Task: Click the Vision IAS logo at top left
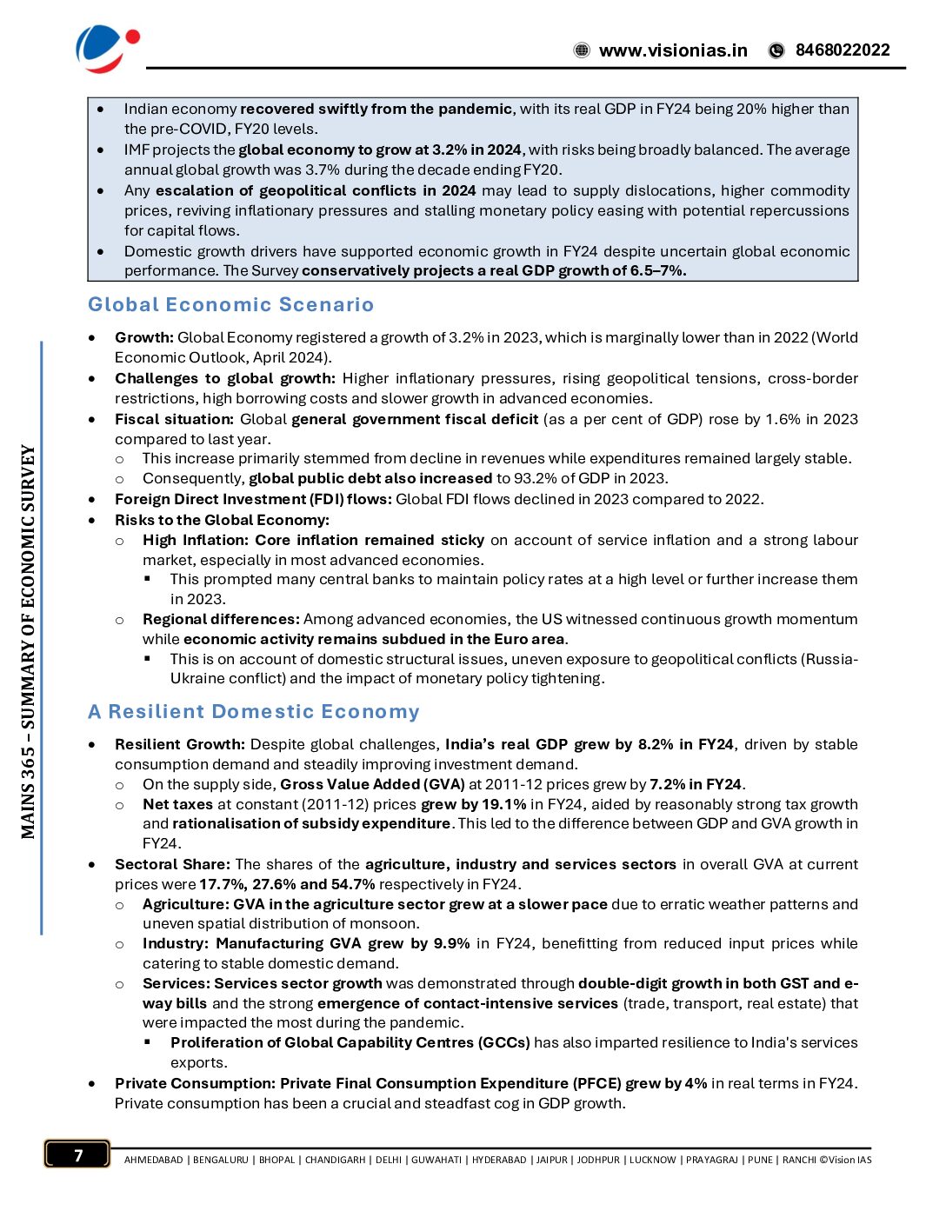(x=106, y=48)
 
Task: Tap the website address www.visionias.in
(x=673, y=50)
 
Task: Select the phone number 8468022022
(x=843, y=50)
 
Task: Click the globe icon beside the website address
(x=582, y=50)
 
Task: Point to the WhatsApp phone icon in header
(x=776, y=50)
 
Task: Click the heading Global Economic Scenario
(x=230, y=305)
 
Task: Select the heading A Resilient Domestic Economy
(x=253, y=712)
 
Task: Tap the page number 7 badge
(x=77, y=1154)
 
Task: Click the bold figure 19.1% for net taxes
(x=504, y=805)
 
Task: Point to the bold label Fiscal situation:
(x=174, y=420)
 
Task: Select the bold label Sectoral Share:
(x=172, y=865)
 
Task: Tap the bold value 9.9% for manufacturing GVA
(x=451, y=944)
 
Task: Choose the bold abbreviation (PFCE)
(x=596, y=1084)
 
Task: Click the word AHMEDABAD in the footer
(x=153, y=1161)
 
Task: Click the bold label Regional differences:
(x=221, y=620)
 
